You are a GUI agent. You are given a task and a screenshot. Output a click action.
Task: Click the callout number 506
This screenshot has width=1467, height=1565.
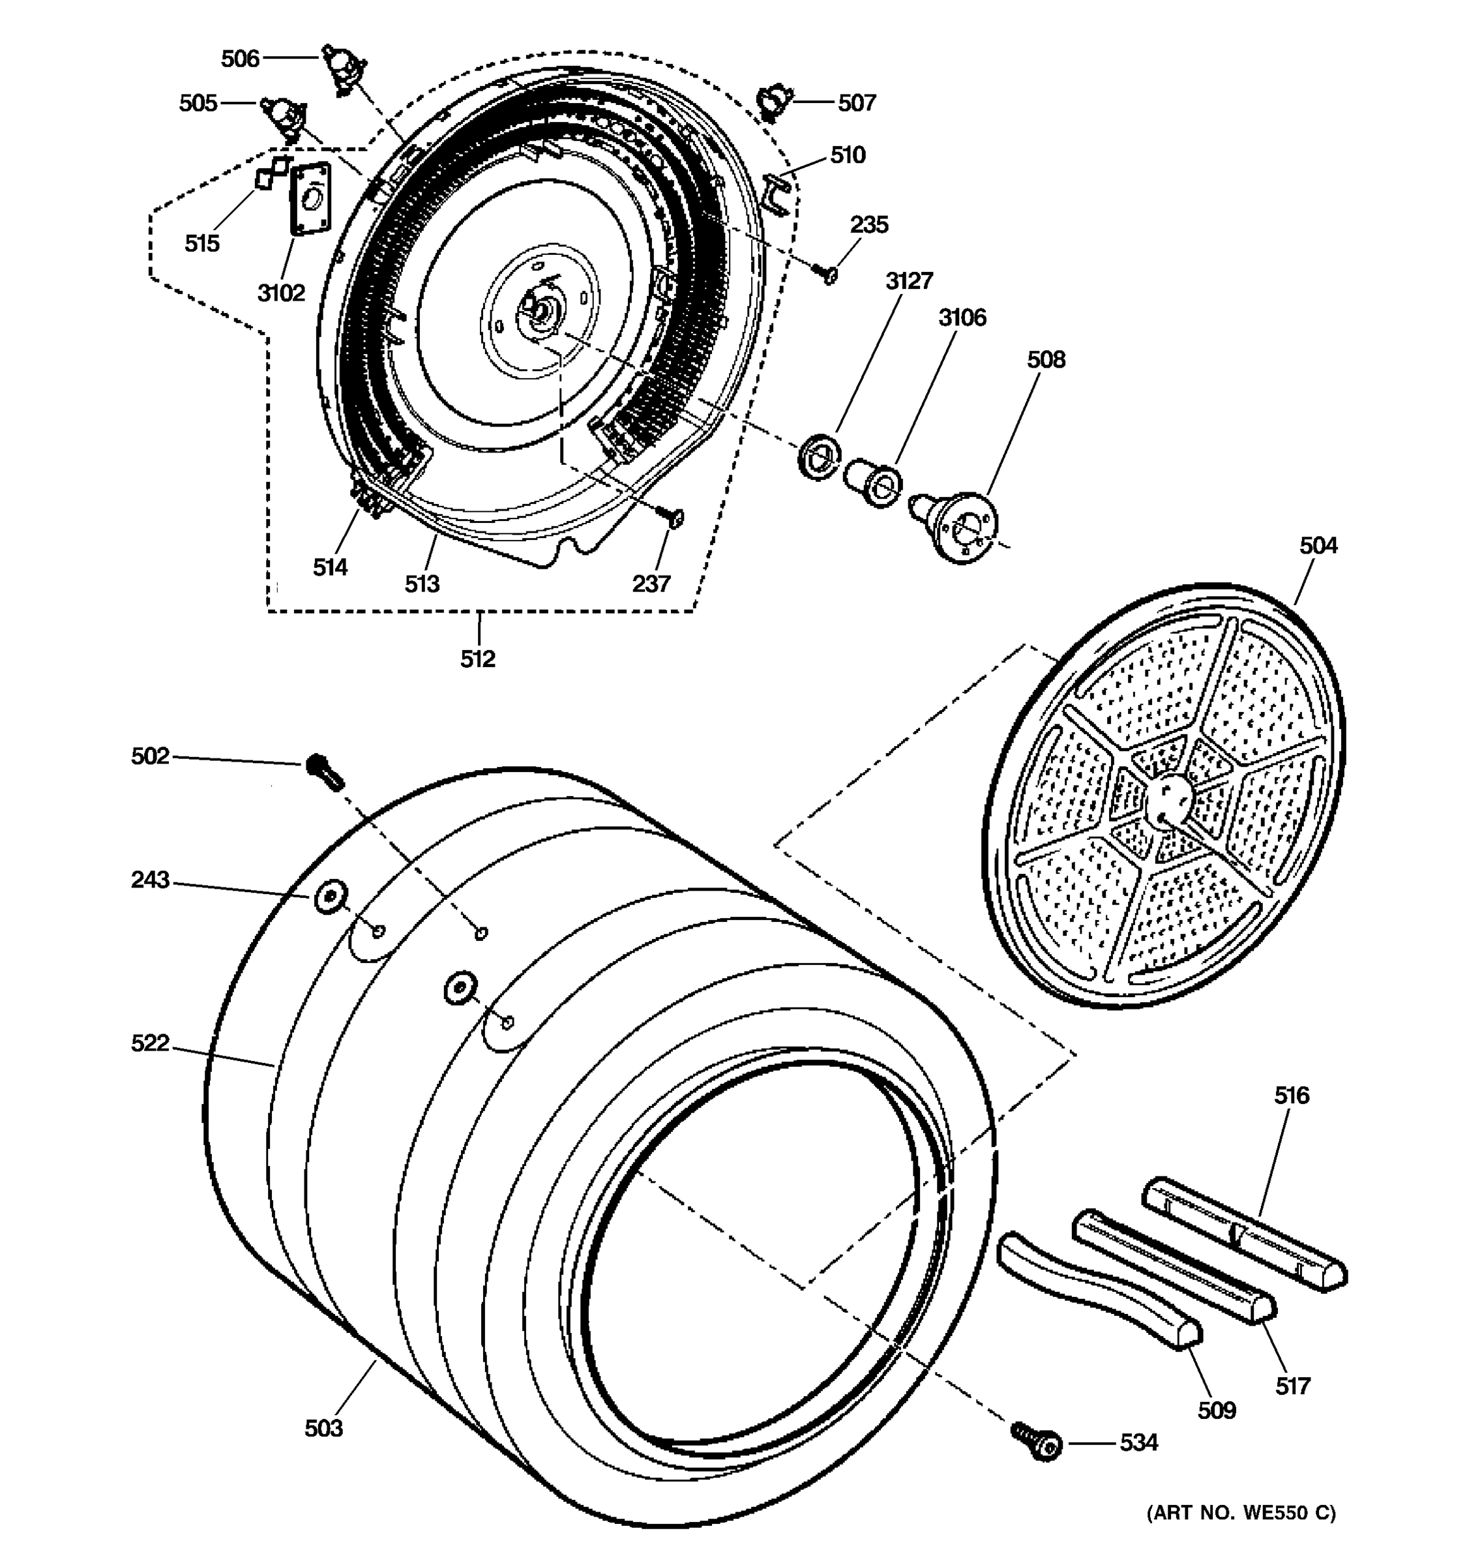click(240, 58)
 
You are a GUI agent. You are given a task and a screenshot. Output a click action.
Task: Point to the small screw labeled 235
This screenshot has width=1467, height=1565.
click(827, 273)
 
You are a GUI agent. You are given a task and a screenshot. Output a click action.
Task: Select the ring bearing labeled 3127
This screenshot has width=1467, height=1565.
click(818, 459)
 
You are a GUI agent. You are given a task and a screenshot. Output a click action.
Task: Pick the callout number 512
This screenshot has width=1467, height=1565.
click(478, 658)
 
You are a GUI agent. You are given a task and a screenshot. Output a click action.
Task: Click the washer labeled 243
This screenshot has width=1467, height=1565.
click(331, 897)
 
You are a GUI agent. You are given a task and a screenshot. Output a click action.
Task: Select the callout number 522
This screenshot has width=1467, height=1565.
click(149, 1043)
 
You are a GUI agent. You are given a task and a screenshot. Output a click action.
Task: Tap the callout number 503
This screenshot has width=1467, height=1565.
click(324, 1428)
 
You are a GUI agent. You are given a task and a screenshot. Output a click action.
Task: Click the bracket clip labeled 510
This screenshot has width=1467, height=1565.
click(775, 194)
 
